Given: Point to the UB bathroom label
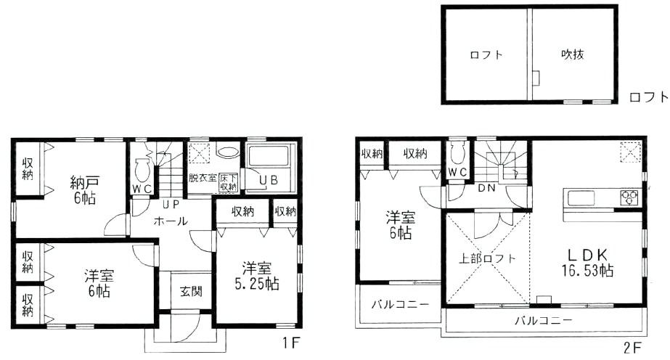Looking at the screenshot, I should [x=269, y=179].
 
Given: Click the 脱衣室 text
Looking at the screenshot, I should [x=203, y=177].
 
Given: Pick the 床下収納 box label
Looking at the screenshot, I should [x=229, y=182].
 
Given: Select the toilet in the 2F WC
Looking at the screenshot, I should [x=457, y=153].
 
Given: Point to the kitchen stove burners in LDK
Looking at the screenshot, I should [x=629, y=197].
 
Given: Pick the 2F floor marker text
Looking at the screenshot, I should [x=632, y=347].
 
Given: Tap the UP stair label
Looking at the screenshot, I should [x=171, y=205].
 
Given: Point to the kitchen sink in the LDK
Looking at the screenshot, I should [x=581, y=197].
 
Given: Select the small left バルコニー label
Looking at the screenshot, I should [x=400, y=304].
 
